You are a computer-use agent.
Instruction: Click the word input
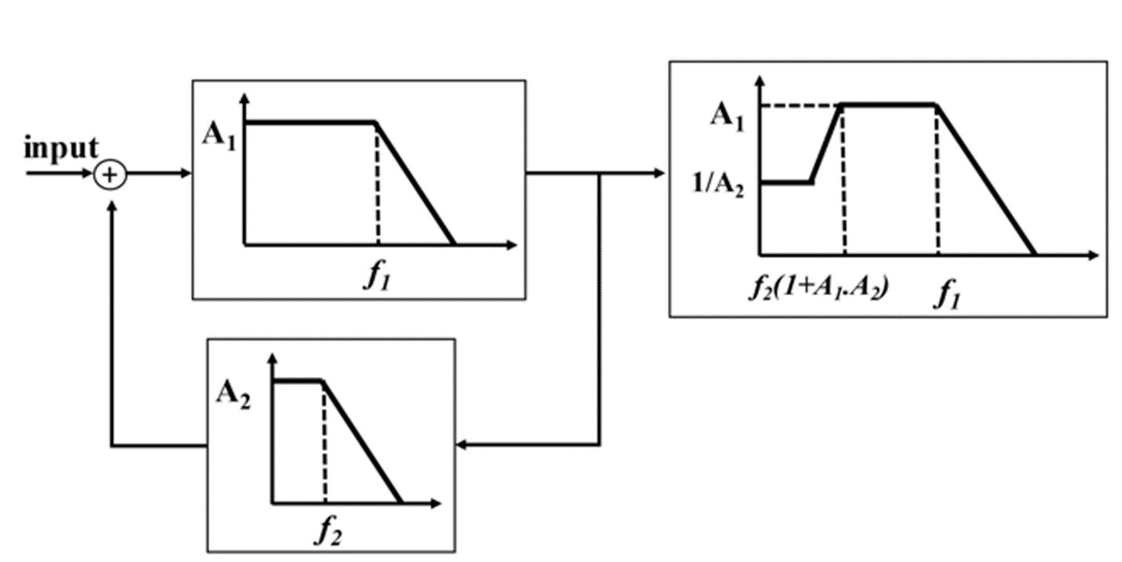(61, 148)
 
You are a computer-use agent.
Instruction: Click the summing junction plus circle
(111, 175)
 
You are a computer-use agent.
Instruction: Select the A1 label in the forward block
(219, 135)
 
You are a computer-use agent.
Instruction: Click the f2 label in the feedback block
(329, 531)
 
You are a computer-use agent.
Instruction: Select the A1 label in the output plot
(727, 116)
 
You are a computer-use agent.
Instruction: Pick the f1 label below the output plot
(946, 297)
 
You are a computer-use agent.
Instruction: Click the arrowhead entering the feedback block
(463, 445)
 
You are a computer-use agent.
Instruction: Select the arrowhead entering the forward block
(185, 173)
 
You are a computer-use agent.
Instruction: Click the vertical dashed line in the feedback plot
(324, 443)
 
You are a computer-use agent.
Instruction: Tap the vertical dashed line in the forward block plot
(377, 184)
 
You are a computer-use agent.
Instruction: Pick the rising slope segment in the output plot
(826, 143)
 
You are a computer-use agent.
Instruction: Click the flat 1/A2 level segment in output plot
(786, 181)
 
